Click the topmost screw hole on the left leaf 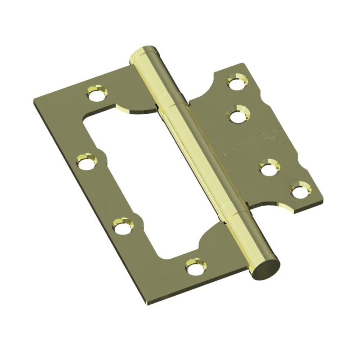(x=96, y=94)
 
